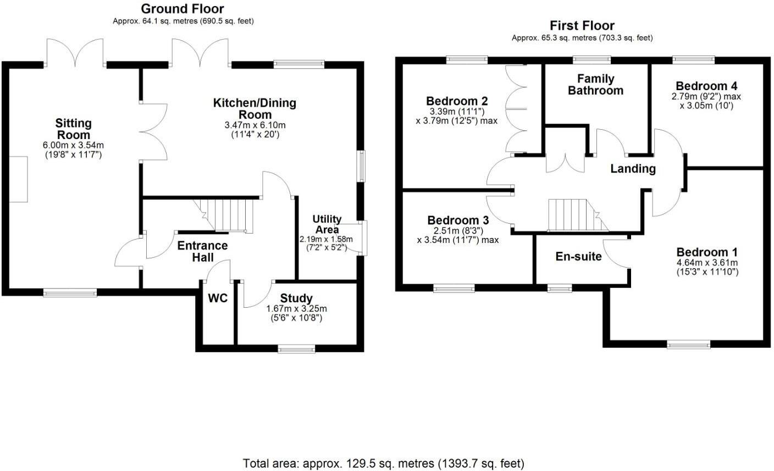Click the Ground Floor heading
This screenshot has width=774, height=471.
(x=183, y=9)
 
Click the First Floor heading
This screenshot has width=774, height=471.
(x=582, y=25)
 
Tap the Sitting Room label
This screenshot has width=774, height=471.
(x=73, y=129)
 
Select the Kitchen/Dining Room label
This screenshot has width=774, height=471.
(x=255, y=108)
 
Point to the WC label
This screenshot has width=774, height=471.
(x=218, y=298)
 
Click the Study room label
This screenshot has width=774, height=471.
(x=297, y=298)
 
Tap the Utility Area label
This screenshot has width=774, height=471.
(x=327, y=224)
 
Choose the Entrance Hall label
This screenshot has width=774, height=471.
(x=202, y=251)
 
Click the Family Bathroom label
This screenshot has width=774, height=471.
(x=596, y=85)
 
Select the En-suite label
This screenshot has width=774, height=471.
(x=579, y=256)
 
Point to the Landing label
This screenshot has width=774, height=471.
(x=633, y=169)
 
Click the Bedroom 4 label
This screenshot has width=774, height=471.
(x=706, y=86)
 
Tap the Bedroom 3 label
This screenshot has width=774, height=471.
(x=457, y=220)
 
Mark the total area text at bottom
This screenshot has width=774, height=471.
(x=384, y=463)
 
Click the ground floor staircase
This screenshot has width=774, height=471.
(x=227, y=215)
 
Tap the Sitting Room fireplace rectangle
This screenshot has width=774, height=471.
(x=18, y=179)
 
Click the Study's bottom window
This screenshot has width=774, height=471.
(x=297, y=348)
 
